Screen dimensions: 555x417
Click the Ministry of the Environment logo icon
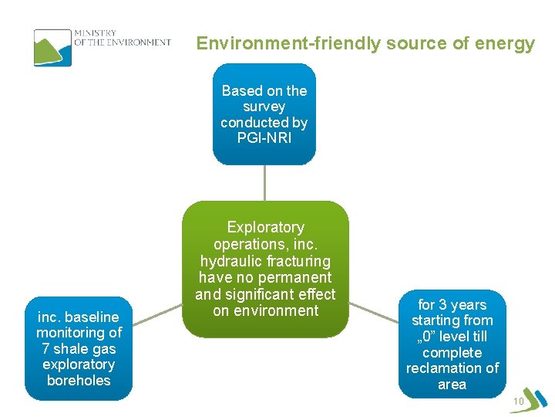click(52, 47)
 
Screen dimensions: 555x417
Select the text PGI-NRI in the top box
click(264, 138)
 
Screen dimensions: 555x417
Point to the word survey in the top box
click(264, 107)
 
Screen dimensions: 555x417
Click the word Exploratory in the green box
click(265, 227)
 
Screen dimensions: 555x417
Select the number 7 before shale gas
click(46, 348)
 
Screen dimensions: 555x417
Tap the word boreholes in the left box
click(79, 381)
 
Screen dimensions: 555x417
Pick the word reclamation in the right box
click(442, 368)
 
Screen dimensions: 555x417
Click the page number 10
click(517, 402)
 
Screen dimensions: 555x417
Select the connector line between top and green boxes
click(264, 183)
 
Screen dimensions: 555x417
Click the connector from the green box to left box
click(156, 310)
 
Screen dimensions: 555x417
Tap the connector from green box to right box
click(375, 310)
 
